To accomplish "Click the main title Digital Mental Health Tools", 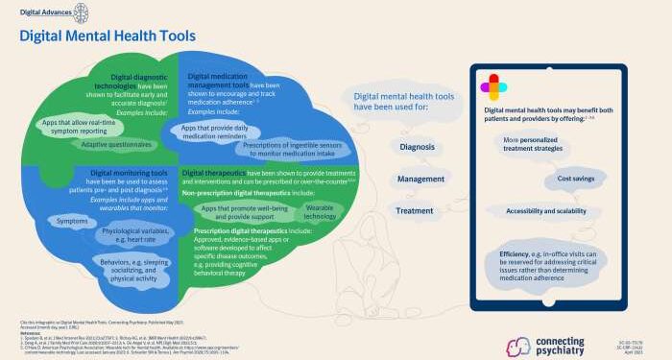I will pyautogui.click(x=108, y=36).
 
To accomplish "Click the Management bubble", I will pyautogui.click(x=420, y=179).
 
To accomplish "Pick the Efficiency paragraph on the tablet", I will pyautogui.click(x=554, y=261).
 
